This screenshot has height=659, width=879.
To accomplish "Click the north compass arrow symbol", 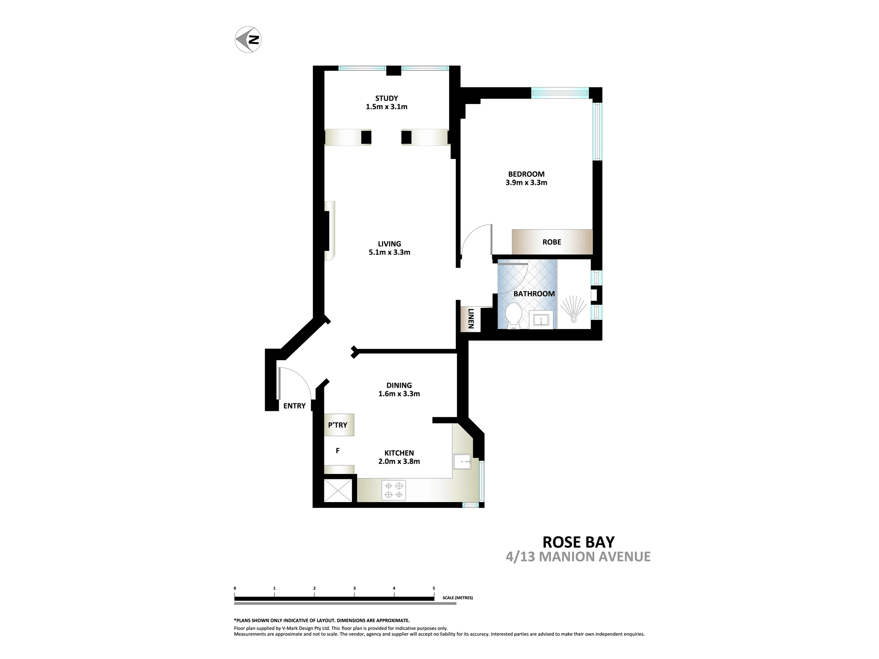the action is [248, 40].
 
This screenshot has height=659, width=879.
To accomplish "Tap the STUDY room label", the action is [387, 98].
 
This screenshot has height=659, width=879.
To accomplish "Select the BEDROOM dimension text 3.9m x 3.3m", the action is [526, 183].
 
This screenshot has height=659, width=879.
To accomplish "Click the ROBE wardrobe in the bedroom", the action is [552, 242].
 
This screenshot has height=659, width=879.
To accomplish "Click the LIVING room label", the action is [389, 244].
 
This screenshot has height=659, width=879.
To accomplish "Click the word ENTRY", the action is [294, 406].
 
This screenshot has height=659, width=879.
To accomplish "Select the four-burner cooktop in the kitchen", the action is [394, 490].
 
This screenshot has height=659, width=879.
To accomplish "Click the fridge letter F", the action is [338, 451].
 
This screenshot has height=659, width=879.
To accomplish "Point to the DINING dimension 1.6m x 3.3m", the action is [399, 394].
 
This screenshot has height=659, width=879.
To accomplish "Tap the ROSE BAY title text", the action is [578, 542].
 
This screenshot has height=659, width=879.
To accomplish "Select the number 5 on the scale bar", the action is [434, 588].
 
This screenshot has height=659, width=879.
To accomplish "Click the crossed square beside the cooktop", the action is [338, 490].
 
